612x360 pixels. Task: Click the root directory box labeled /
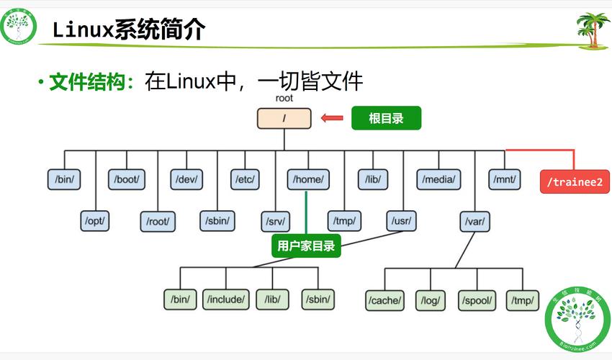[284, 118]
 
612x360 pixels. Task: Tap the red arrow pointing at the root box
[332, 118]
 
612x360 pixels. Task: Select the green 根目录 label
[386, 118]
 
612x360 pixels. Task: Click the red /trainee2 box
[574, 182]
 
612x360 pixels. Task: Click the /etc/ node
[245, 179]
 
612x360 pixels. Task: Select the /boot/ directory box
[126, 179]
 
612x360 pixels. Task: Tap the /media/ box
[438, 179]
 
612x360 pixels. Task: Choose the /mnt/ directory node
[504, 179]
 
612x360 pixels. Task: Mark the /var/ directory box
[474, 220]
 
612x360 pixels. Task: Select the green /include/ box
[227, 299]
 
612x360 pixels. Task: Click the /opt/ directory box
[95, 220]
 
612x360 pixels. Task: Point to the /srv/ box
[276, 220]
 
